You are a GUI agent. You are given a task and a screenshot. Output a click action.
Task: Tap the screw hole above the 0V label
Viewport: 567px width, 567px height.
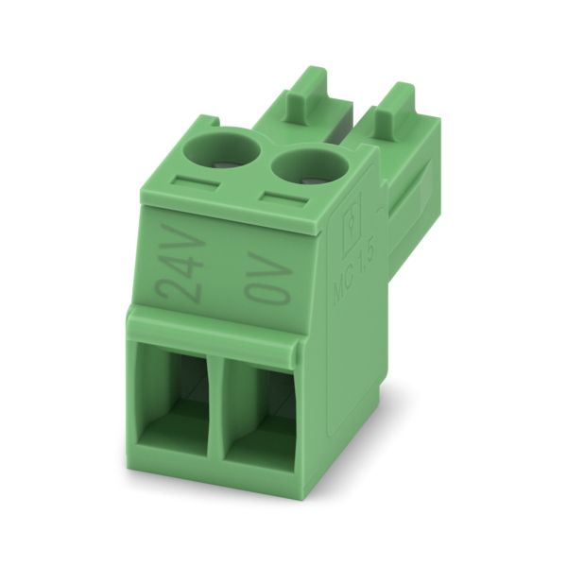[x=310, y=166]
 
